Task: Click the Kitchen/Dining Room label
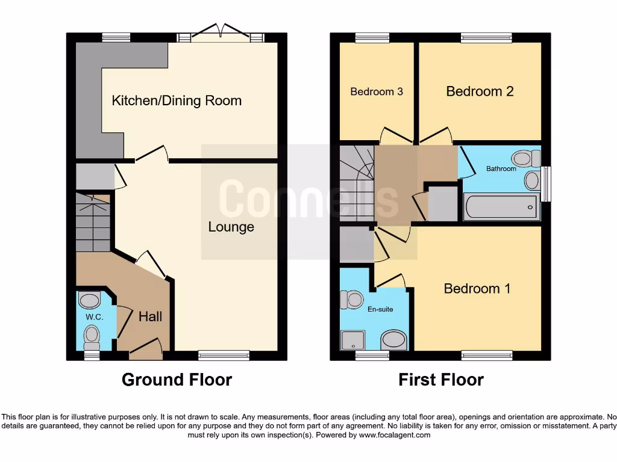(x=177, y=101)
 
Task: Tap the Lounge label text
(x=231, y=227)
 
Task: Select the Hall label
(x=150, y=316)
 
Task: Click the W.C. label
(x=95, y=317)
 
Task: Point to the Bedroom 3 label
(x=377, y=91)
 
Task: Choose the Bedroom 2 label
(x=480, y=91)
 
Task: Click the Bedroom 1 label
(x=477, y=289)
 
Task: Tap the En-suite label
(x=380, y=309)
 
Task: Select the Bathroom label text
(x=501, y=168)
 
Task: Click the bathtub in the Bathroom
(x=501, y=207)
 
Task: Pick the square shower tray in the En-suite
(x=353, y=340)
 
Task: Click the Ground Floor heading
(x=177, y=380)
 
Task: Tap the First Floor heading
(x=440, y=380)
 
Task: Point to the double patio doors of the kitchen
(x=221, y=34)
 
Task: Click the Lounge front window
(x=224, y=355)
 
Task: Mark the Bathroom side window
(x=546, y=184)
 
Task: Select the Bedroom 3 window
(x=372, y=38)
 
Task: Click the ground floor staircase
(x=93, y=223)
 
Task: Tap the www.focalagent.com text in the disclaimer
(x=394, y=436)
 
